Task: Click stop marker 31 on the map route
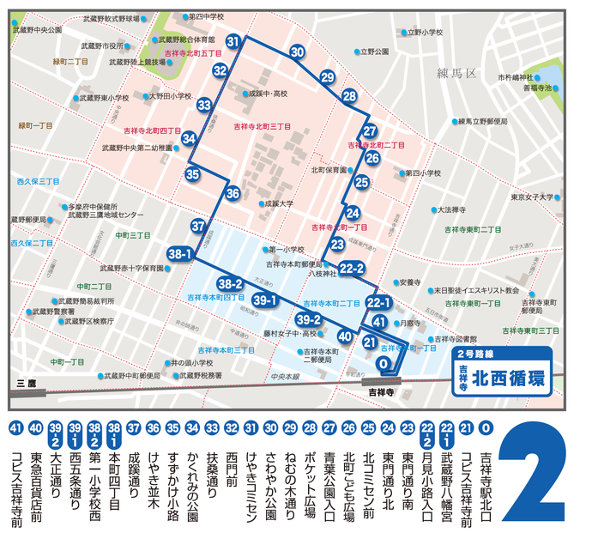pos(233,41)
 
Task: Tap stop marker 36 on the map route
pos(233,194)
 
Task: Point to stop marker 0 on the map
pos(385,364)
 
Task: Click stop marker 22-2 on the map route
pos(352,269)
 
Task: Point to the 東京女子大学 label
pos(532,197)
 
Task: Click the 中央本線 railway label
pos(282,376)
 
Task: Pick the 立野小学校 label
pos(426,33)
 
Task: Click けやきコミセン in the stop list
pos(251,477)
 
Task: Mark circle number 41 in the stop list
pos(14,427)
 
